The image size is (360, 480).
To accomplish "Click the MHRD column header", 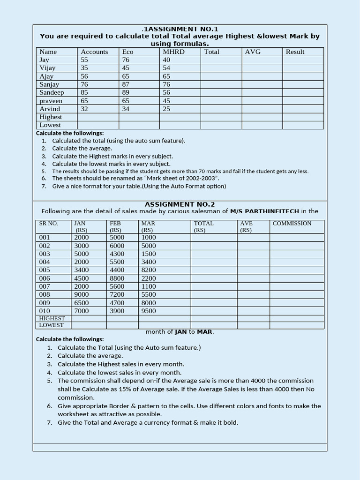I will coord(173,52).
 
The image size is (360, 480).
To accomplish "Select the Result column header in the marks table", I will coord(295,52).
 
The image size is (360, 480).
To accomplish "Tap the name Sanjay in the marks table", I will coord(49,84).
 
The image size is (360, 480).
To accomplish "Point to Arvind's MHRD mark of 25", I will coord(166,109).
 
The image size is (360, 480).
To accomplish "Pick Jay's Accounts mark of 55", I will coord(84,60).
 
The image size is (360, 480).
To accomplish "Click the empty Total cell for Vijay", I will coord(221,68).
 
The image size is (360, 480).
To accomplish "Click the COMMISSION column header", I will coord(292,223).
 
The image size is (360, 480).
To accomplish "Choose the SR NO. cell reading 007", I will coord(45,286).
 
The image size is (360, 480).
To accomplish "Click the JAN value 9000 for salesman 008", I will coord(82,294).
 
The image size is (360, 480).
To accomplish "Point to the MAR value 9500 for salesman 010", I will coord(149,311).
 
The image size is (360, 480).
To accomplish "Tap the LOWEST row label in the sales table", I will coord(51,325).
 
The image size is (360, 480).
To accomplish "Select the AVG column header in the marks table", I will coord(253,52).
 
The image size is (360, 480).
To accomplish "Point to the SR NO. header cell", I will coord(48,224).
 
